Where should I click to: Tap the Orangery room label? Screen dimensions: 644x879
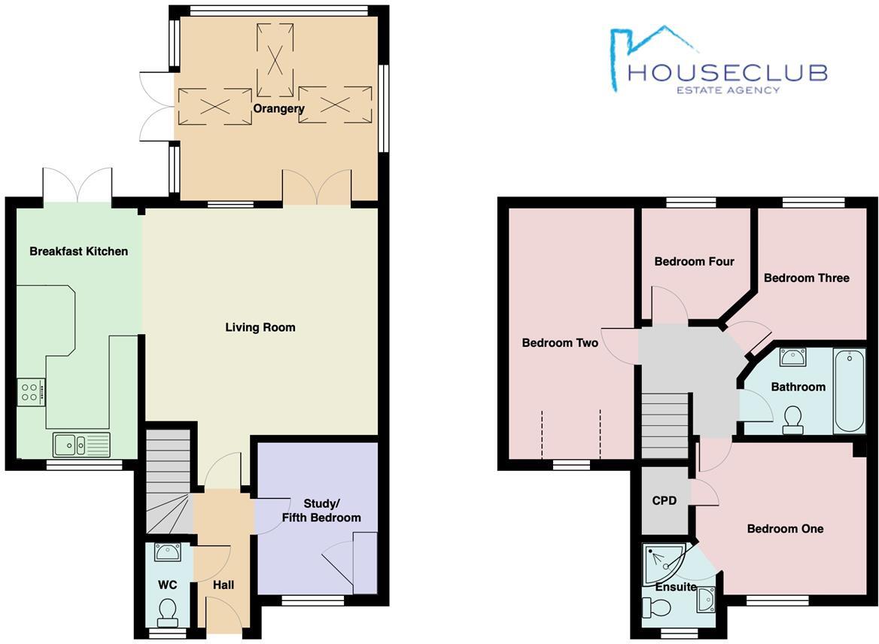point(278,109)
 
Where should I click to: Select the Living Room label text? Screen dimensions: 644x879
point(260,327)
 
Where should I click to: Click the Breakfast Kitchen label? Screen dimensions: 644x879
point(78,251)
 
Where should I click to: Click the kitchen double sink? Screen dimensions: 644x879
point(81,445)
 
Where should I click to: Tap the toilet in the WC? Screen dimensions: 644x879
point(168,611)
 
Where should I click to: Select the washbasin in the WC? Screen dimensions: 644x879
point(167,553)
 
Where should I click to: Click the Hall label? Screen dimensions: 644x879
point(224,585)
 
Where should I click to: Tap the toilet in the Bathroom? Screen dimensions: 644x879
point(792,420)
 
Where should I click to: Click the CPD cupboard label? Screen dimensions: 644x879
point(665,500)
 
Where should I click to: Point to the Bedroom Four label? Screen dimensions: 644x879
point(694,262)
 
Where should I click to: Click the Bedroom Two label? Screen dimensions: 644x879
point(560,343)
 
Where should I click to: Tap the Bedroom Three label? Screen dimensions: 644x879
point(806,278)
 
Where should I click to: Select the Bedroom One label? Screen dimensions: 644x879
point(785,529)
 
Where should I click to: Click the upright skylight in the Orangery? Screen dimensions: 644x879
point(275,59)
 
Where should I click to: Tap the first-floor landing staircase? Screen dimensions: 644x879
point(666,425)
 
